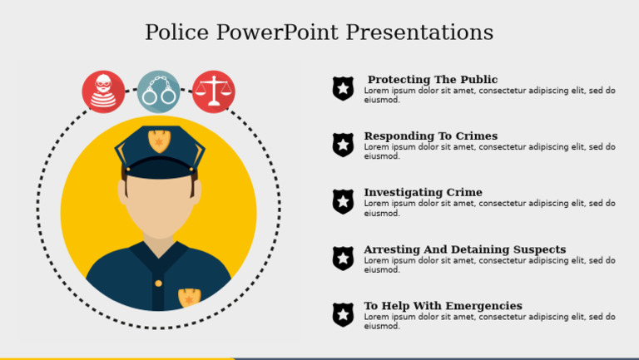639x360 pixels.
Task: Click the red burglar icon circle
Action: point(103,91)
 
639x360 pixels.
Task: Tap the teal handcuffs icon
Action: point(158,91)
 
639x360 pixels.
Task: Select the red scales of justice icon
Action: point(214,91)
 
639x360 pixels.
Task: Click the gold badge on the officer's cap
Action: point(159,141)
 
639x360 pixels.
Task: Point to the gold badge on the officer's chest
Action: point(189,297)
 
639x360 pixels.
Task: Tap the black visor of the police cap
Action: point(159,169)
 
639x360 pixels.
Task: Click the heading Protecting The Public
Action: point(432,80)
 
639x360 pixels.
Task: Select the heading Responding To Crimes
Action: point(430,136)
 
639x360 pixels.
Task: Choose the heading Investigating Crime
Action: point(423,193)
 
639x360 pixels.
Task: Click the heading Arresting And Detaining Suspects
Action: point(464,249)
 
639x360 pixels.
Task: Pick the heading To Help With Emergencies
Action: point(443,306)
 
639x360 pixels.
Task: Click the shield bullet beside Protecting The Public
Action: point(343,88)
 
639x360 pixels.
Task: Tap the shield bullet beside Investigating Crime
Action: point(343,201)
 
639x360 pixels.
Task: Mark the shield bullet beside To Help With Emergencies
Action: point(343,314)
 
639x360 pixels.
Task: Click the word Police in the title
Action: point(177,32)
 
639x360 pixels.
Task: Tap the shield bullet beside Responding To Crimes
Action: point(343,145)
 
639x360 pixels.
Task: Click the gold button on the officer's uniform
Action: point(158,284)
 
